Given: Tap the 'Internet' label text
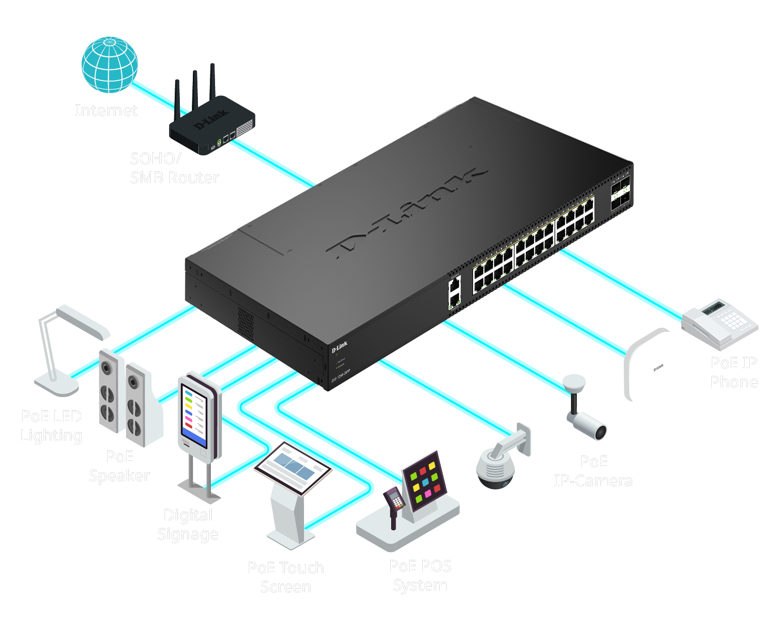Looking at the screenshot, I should pyautogui.click(x=106, y=110).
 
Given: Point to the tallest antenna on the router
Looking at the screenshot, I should pyautogui.click(x=212, y=81).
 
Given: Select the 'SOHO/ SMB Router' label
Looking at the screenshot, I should pyautogui.click(x=174, y=168).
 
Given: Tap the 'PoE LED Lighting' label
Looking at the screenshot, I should pyautogui.click(x=51, y=425).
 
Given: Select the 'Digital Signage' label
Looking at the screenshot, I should pyautogui.click(x=188, y=524).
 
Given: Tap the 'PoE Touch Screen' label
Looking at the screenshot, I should pyautogui.click(x=286, y=577).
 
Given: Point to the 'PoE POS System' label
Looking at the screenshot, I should pyautogui.click(x=420, y=575).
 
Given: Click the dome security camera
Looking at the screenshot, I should pyautogui.click(x=496, y=468).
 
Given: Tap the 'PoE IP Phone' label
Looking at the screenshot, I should pyautogui.click(x=734, y=372).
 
